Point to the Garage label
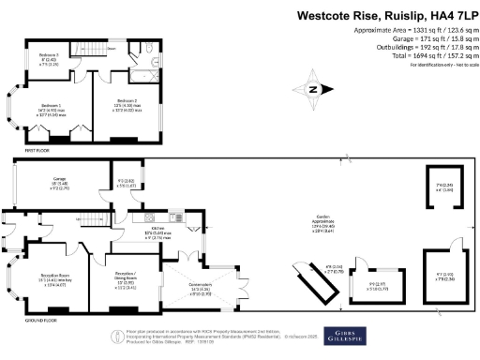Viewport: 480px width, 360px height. coord(46,184)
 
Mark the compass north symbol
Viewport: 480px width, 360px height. coord(312,90)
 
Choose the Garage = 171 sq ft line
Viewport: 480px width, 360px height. coord(414,38)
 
